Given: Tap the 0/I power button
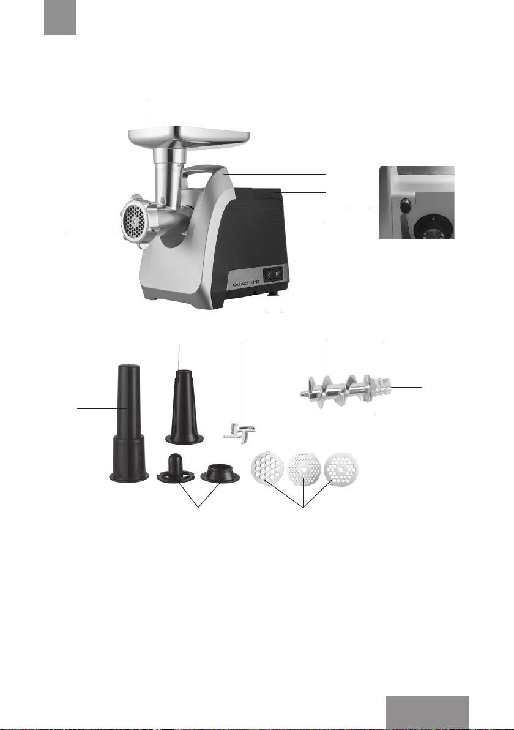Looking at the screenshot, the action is pyautogui.click(x=278, y=275).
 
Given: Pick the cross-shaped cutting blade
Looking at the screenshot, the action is pyautogui.click(x=239, y=431).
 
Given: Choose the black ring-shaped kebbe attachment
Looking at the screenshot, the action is pyautogui.click(x=220, y=473).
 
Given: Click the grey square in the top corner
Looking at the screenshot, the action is pyautogui.click(x=61, y=17).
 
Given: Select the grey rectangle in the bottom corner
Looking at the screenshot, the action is pyautogui.click(x=428, y=713).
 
